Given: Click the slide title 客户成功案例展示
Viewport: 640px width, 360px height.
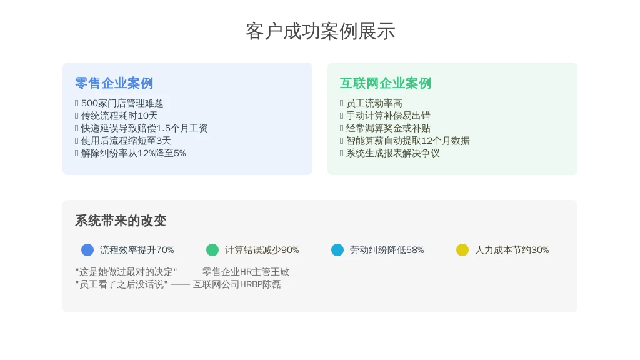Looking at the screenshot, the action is [321, 31].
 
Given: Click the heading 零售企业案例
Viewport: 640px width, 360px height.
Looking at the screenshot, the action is [114, 83].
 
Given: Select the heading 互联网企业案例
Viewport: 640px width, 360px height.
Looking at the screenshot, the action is [385, 83].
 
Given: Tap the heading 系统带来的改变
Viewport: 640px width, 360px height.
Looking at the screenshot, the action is [121, 221].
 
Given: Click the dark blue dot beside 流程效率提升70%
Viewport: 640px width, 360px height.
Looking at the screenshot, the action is [87, 250].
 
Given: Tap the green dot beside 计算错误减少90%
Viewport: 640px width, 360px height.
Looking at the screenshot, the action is [212, 250].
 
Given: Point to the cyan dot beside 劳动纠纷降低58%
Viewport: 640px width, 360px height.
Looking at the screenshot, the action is [337, 250].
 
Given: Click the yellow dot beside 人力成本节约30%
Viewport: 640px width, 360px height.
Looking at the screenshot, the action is [462, 250].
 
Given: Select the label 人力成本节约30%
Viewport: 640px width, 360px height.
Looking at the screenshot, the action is [512, 250].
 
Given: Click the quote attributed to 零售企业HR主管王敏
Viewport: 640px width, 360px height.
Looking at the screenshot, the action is [126, 272].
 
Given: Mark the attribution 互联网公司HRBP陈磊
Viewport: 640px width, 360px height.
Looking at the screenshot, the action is [237, 284].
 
